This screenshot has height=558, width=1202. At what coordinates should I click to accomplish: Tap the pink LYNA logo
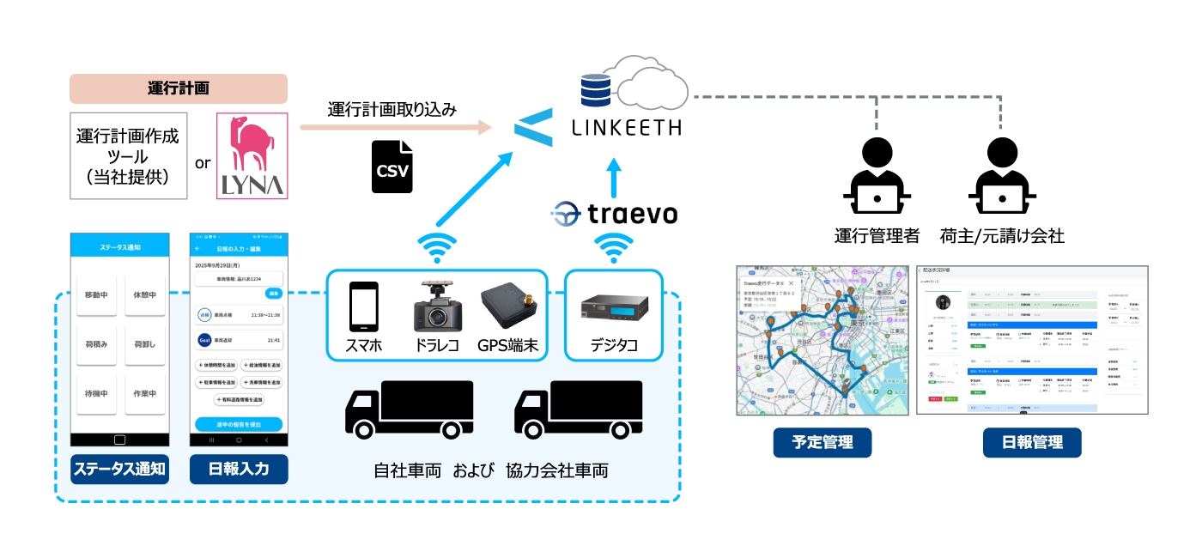tap(252, 155)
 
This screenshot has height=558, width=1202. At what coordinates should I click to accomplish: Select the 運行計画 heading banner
tap(179, 89)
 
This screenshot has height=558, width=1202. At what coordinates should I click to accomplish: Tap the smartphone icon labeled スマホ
tap(363, 307)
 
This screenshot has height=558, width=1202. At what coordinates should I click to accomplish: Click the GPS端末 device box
tap(508, 307)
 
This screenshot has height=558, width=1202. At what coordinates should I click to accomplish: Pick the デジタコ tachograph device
tap(613, 309)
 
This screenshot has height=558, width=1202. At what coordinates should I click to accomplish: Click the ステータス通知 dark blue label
tap(119, 469)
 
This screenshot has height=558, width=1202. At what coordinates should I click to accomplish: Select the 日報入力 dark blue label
tap(239, 469)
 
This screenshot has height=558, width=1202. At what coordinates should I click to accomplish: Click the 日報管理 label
tap(1031, 442)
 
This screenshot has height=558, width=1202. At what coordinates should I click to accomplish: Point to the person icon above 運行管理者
tap(877, 176)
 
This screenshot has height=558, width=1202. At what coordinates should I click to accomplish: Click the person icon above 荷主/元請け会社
tap(1002, 176)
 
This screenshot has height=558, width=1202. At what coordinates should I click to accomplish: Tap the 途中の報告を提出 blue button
tap(239, 424)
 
